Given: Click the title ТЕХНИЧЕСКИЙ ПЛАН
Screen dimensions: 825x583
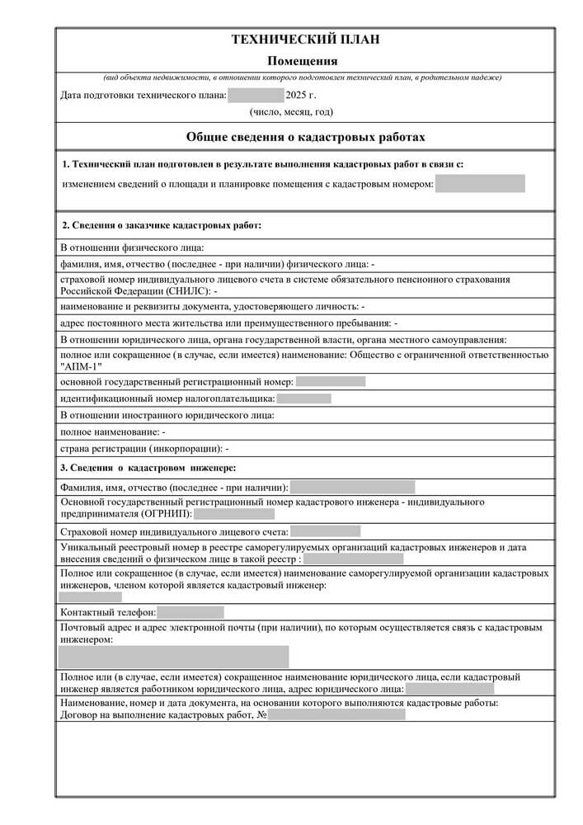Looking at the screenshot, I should (x=305, y=40).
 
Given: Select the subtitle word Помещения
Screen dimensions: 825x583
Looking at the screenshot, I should (x=303, y=60).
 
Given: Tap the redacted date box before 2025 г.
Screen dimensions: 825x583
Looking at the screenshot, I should (x=256, y=95).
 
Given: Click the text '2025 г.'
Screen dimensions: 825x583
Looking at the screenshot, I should (x=301, y=95).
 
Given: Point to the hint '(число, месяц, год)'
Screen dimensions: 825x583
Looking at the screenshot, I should (x=291, y=111).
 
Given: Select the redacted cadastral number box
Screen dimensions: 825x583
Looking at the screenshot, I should (x=480, y=183).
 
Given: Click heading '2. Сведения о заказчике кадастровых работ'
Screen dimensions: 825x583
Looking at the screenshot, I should (x=162, y=224).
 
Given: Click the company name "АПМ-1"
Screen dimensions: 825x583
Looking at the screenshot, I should (x=83, y=367).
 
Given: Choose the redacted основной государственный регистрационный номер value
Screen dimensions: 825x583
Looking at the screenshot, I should (x=330, y=381).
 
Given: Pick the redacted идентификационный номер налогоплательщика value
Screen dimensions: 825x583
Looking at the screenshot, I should (x=304, y=398).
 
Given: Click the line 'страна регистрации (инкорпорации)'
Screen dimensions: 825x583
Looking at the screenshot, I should (x=144, y=449).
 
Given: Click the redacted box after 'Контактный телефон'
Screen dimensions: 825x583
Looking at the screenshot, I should (x=190, y=612).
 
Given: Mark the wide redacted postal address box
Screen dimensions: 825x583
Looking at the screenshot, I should (x=173, y=657).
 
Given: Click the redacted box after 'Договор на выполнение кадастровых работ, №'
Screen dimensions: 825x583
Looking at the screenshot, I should (x=336, y=714).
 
